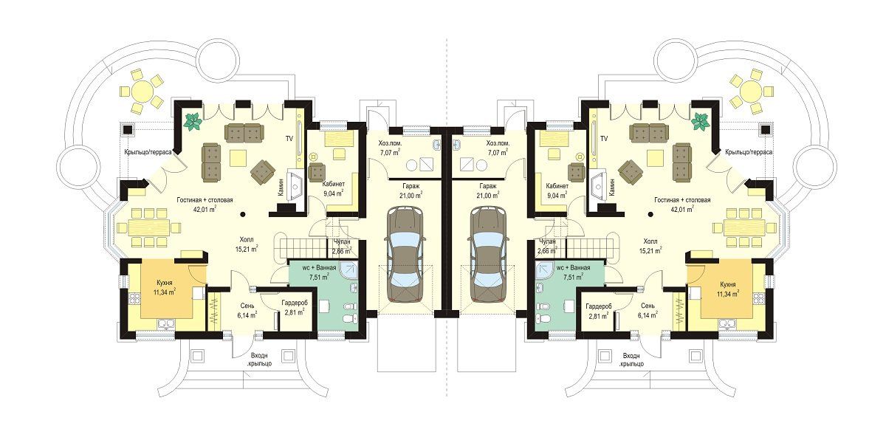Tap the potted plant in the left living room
click(193, 122)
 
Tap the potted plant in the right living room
click(701, 122)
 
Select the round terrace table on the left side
click(141, 91)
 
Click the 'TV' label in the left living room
click(289, 139)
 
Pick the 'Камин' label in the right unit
click(612, 187)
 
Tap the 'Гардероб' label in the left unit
click(295, 303)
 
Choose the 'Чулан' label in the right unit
click(548, 241)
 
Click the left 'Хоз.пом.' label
click(388, 143)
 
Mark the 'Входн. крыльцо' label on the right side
click(633, 360)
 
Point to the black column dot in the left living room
click(242, 215)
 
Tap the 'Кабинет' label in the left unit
click(334, 184)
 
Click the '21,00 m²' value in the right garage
click(488, 195)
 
